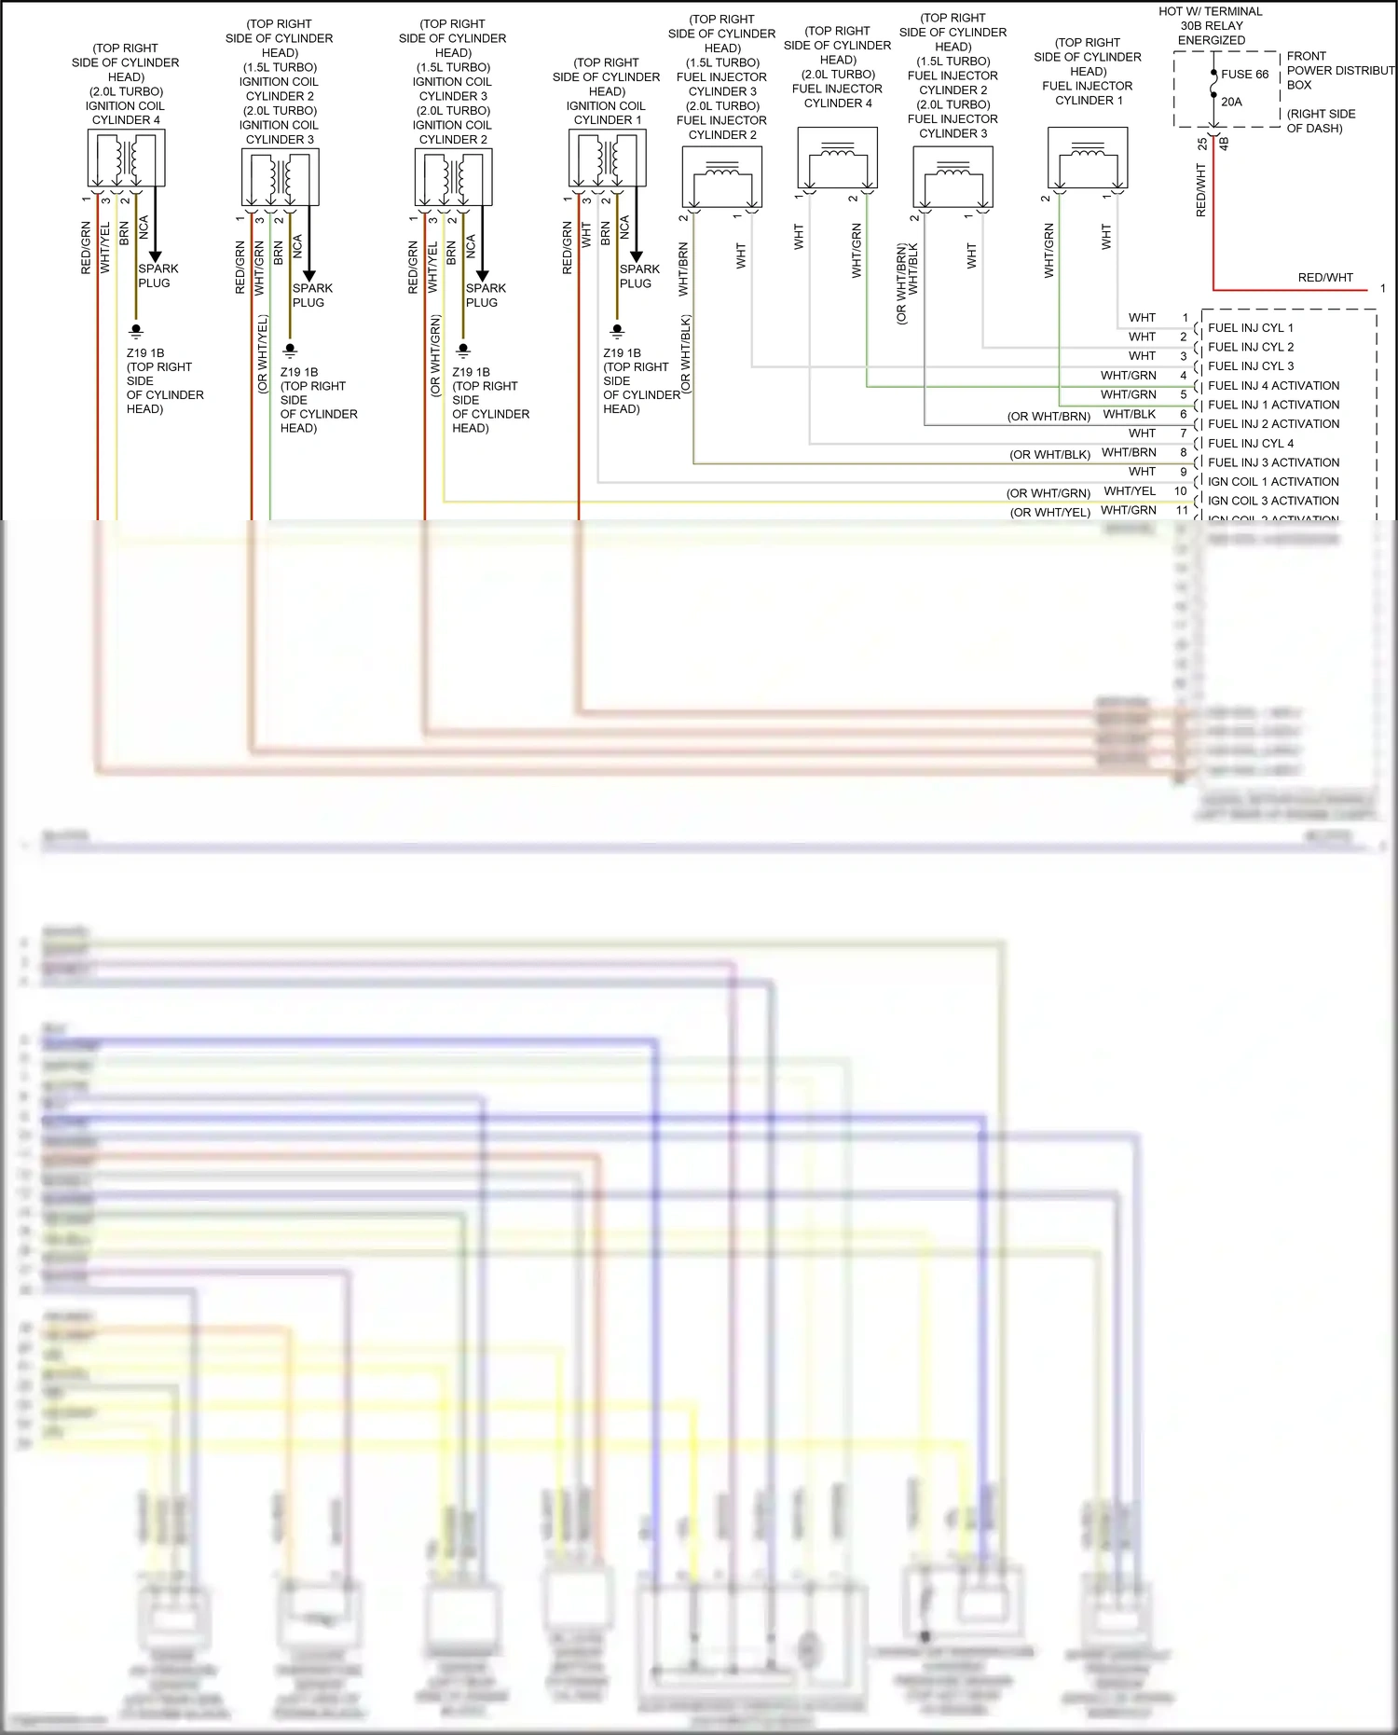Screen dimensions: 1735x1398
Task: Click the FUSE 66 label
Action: tap(1245, 75)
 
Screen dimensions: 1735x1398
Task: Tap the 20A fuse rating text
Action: tap(1231, 102)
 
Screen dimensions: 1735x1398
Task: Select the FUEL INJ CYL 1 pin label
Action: tap(1250, 328)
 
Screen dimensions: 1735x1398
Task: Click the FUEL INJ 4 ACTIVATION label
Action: tap(1273, 386)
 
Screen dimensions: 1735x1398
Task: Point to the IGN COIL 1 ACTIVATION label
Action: tap(1273, 482)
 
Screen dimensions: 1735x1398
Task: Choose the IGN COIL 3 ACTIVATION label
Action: tap(1273, 502)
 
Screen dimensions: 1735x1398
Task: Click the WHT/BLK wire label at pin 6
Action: tap(1129, 415)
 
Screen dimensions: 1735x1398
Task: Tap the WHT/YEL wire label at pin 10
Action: tap(1129, 491)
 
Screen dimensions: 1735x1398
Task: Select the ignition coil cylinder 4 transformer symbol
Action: tap(126, 158)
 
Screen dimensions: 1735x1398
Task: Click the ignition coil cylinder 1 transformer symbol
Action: tap(607, 158)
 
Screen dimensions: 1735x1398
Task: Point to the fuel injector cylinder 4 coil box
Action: tap(837, 158)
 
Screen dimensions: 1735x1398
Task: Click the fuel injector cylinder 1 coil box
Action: tap(1088, 158)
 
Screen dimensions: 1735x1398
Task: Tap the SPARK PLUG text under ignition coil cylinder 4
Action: tap(158, 276)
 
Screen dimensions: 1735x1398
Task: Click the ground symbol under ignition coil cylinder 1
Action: tap(617, 330)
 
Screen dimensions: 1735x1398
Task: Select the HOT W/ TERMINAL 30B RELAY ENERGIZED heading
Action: tap(1211, 26)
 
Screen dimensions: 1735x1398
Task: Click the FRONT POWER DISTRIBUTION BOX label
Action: tap(1338, 71)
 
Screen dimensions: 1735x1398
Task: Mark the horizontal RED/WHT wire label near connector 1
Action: tap(1324, 278)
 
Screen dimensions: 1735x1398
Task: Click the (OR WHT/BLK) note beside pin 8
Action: tap(1049, 455)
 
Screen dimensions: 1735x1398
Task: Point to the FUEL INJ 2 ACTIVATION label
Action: tap(1273, 424)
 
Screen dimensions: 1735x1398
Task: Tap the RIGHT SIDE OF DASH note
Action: tap(1321, 121)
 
